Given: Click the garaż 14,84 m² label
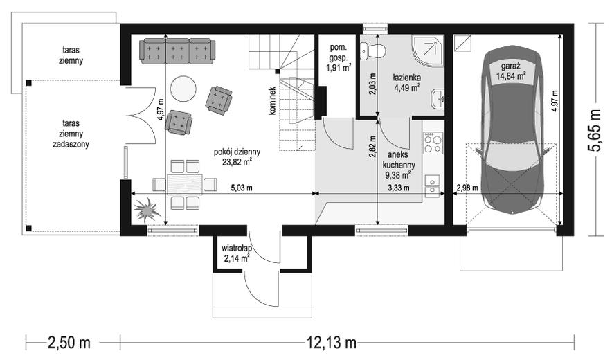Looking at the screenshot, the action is point(510,71).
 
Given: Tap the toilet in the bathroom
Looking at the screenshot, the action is point(372,51).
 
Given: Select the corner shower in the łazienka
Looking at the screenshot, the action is point(427,51).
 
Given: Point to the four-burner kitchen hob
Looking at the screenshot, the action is point(433,143).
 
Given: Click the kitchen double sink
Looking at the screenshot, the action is point(432,186).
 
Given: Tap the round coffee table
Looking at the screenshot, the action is point(183,89).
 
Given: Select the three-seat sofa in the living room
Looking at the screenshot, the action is point(178,51).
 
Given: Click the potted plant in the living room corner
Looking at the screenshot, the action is point(147,210).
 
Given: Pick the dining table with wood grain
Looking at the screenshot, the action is point(185,184).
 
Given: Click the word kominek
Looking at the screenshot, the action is point(272,101).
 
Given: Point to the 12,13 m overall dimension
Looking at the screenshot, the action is point(332,343).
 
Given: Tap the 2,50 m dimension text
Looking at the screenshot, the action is point(69,343).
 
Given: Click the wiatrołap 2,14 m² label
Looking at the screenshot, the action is point(236,253).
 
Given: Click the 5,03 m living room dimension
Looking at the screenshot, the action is point(242,188).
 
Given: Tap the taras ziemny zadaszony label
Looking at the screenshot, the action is point(71,134).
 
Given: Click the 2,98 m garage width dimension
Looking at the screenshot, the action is point(467,188).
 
